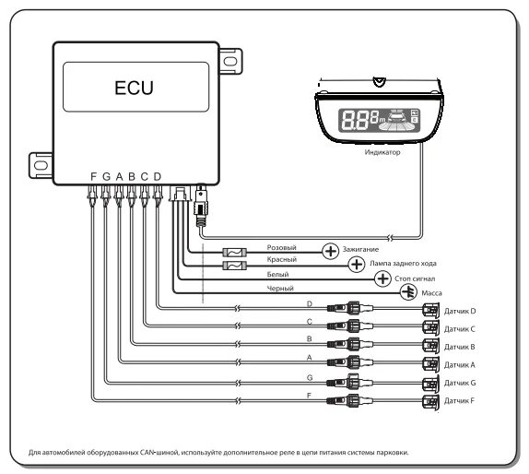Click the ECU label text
click(134, 88)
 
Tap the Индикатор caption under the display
click(382, 152)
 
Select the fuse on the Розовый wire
click(234, 252)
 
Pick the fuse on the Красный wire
click(234, 266)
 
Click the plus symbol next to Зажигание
click(330, 251)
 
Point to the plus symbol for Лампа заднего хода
click(357, 265)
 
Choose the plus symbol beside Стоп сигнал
click(382, 278)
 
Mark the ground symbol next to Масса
click(408, 292)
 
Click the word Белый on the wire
click(277, 275)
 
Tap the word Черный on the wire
click(280, 289)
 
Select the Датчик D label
click(460, 311)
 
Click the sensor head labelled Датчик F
click(430, 401)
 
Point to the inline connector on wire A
click(350, 362)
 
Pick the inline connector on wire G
click(350, 382)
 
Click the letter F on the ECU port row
click(93, 176)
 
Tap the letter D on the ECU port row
click(158, 176)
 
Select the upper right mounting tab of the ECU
click(230, 61)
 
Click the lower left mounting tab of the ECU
click(41, 165)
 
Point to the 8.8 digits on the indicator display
click(355, 121)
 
